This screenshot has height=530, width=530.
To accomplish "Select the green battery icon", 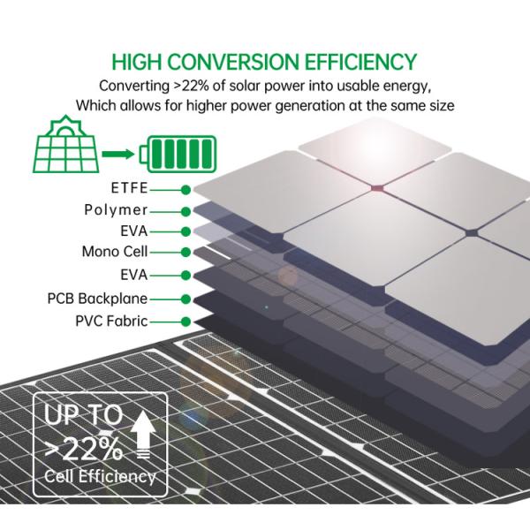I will click(180, 155).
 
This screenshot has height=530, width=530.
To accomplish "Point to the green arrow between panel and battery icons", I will click(118, 155).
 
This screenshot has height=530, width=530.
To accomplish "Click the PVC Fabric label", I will click(110, 322).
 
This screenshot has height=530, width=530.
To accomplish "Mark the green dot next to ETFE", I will click(185, 189).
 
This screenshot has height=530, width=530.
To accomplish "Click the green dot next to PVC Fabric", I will click(185, 322).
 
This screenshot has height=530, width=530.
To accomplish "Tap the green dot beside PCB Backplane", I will click(185, 300).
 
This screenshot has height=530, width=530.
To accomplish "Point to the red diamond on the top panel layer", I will click(375, 186).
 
